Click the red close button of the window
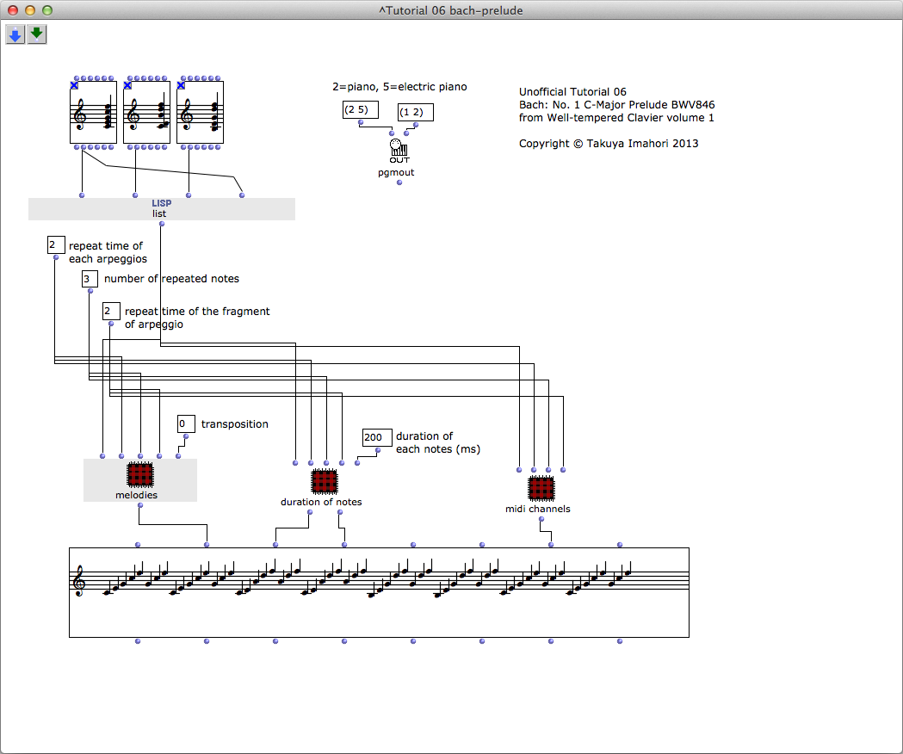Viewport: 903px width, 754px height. (13, 10)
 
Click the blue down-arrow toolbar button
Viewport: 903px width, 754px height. (15, 34)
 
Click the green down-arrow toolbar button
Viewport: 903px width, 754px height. (37, 34)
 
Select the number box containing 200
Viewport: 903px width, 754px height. (377, 437)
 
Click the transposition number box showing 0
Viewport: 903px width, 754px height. (186, 424)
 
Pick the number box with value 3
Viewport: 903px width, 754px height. (90, 279)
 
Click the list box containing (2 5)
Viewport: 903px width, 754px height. (361, 109)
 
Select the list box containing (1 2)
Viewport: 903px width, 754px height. (415, 112)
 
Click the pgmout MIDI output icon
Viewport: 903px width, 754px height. (399, 151)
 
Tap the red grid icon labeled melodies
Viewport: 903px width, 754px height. (140, 475)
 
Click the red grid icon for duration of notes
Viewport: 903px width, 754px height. (325, 481)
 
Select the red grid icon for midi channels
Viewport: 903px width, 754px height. (541, 488)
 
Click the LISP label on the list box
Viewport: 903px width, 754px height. (162, 203)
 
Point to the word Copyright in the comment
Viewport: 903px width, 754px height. (544, 144)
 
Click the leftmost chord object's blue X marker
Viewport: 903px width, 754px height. (74, 85)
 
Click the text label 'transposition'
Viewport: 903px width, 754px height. (235, 424)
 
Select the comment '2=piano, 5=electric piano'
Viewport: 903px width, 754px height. (399, 87)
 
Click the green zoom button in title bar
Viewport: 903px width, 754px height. (47, 10)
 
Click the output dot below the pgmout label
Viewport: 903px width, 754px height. (399, 182)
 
